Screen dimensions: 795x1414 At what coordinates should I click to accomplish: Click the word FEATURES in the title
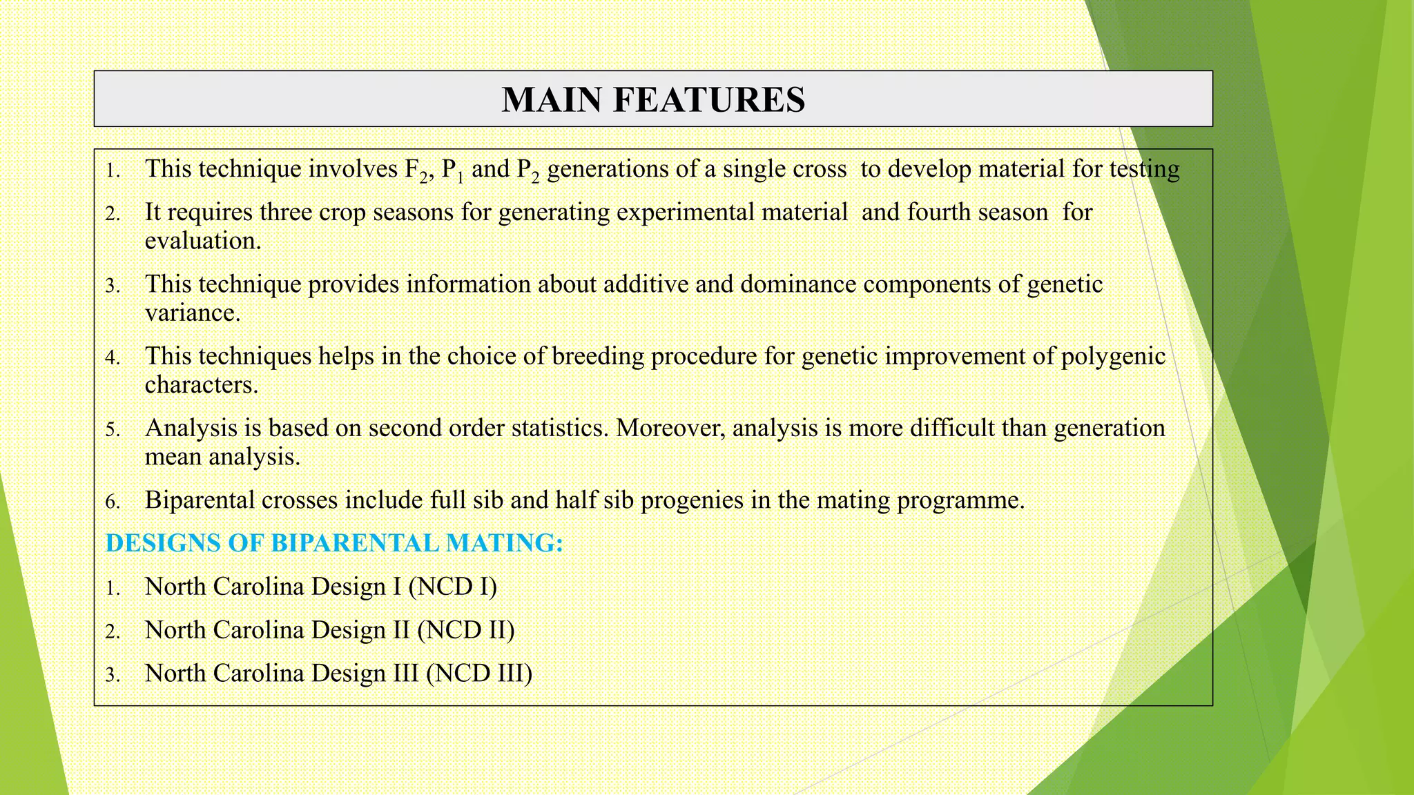coord(708,99)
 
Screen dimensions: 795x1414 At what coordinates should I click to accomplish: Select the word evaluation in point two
coord(202,241)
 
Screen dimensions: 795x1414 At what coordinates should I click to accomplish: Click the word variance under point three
coord(192,313)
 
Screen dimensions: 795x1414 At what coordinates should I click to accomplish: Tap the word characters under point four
coord(200,384)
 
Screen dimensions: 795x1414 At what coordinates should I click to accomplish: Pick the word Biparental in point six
coord(200,500)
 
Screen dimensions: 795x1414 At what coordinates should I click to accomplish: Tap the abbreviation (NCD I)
coord(452,587)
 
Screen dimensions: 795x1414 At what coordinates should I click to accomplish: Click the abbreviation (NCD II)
coord(465,630)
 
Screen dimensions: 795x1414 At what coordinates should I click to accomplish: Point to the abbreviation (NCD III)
coord(478,674)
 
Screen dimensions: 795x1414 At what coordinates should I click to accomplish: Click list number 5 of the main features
coord(113,430)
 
